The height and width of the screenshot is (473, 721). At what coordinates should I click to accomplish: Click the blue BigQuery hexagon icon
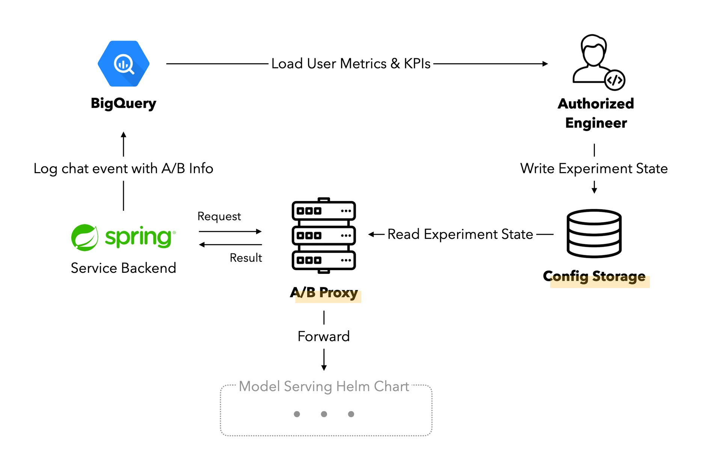(124, 64)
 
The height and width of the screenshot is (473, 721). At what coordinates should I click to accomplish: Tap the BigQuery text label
(124, 103)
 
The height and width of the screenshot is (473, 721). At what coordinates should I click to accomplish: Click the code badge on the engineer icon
(615, 80)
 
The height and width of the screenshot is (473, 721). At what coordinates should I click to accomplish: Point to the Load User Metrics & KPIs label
(351, 64)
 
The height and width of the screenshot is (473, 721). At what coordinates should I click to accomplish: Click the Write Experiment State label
(594, 169)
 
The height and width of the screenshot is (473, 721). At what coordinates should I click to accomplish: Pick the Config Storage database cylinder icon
(594, 233)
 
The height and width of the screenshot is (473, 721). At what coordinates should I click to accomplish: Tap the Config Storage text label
(594, 277)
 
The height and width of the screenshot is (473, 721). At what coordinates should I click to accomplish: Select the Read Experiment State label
(460, 234)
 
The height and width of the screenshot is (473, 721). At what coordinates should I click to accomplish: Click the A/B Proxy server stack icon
(324, 235)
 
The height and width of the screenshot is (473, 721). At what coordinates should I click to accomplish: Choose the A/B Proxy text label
(324, 293)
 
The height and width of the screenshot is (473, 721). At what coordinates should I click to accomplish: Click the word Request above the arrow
(219, 216)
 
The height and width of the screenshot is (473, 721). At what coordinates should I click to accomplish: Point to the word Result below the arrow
(246, 258)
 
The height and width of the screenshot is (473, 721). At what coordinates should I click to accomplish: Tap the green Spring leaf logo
(85, 237)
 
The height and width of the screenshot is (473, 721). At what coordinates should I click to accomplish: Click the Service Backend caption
(124, 268)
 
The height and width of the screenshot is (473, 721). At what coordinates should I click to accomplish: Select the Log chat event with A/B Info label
(124, 169)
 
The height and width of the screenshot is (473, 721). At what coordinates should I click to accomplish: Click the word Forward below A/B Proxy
(324, 337)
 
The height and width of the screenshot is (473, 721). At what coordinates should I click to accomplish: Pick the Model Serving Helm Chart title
(324, 387)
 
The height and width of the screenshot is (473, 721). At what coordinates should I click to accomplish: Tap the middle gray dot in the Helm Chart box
(324, 414)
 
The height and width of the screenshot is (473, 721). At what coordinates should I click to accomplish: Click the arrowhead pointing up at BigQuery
(124, 134)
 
